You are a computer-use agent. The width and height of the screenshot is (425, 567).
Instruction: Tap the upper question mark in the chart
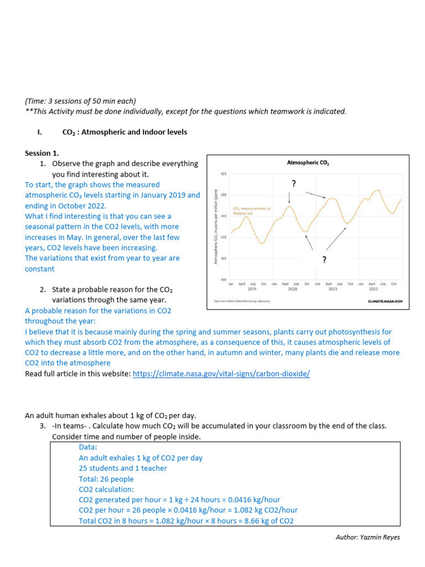[x=293, y=183]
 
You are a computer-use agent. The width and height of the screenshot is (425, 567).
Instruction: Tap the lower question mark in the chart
[x=324, y=260]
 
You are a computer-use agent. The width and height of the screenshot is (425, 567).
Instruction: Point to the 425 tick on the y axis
[x=224, y=174]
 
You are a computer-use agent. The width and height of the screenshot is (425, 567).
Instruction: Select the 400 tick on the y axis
[x=224, y=280]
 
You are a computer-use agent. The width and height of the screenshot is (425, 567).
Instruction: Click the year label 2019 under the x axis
[x=252, y=289]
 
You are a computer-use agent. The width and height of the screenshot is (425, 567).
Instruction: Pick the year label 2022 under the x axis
[x=374, y=289]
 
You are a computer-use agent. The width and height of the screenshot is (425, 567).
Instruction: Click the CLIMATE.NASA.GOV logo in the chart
[x=385, y=302]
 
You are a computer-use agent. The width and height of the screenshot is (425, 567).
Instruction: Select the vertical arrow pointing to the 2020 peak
[x=289, y=197]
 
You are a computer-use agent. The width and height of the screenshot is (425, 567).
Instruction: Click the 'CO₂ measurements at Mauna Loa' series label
[x=244, y=210]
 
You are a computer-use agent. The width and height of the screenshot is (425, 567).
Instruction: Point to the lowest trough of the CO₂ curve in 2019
[x=263, y=243]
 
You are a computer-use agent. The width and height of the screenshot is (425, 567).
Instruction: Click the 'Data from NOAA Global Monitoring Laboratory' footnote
[x=242, y=302]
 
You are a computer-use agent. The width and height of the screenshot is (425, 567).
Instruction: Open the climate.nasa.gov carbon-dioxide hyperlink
[x=221, y=374]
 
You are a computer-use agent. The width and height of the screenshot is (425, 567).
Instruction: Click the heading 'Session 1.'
[x=42, y=153]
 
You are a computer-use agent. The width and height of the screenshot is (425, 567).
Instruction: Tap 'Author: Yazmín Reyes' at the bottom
[x=367, y=537]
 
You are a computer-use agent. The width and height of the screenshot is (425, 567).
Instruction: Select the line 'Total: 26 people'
[x=106, y=479]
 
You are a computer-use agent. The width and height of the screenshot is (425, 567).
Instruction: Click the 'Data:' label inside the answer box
[x=88, y=447]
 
